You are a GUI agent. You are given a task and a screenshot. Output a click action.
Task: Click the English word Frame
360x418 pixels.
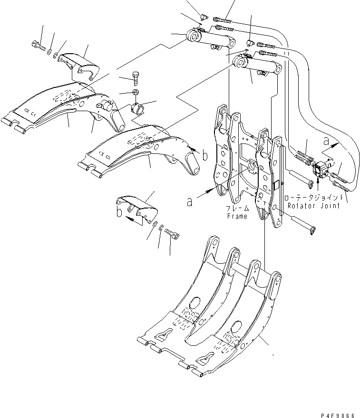coord(237,216)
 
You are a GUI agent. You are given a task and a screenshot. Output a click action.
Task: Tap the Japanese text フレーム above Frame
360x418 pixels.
coord(237,209)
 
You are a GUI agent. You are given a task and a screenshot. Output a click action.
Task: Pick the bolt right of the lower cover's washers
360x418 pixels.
coord(174,233)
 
